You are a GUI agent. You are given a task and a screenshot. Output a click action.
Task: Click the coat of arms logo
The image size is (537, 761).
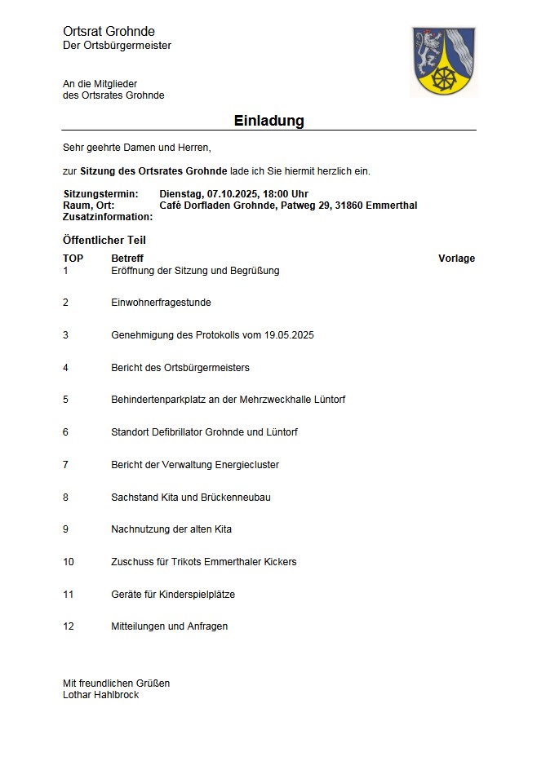tap(444, 61)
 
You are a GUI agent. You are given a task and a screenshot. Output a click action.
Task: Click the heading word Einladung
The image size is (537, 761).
tap(268, 121)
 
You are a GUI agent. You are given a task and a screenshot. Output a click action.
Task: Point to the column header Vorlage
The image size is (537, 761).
tap(456, 259)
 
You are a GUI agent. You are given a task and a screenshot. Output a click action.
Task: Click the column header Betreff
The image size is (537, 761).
tap(127, 259)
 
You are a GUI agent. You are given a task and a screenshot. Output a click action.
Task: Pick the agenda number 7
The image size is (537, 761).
tap(65, 465)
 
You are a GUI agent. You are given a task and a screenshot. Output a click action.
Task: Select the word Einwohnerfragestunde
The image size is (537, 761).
tap(161, 303)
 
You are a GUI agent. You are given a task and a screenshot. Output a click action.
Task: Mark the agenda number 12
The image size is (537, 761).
tap(69, 626)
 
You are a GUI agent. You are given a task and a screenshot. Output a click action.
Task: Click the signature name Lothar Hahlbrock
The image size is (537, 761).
tap(101, 695)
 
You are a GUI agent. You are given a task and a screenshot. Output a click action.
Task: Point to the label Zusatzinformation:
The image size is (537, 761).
tap(108, 217)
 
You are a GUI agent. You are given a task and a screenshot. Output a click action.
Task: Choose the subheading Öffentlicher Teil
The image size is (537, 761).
tap(104, 241)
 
